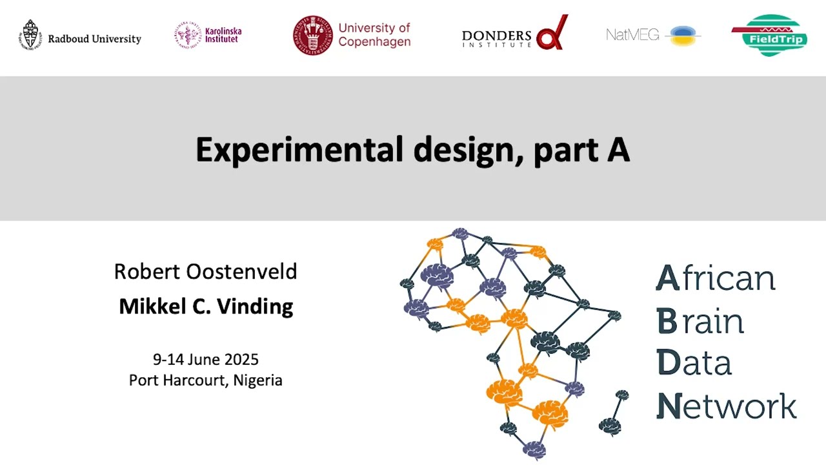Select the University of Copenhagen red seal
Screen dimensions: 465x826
(x=312, y=35)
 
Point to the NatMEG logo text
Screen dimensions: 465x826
(x=632, y=35)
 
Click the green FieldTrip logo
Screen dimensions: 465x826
(x=769, y=36)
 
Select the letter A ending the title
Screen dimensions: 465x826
(x=618, y=150)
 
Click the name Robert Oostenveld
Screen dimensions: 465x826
(x=205, y=271)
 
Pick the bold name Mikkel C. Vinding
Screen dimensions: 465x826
(x=206, y=306)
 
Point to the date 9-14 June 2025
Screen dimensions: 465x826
(x=205, y=359)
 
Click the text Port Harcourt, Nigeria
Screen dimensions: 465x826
(x=205, y=380)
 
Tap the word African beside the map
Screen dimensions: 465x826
(x=715, y=278)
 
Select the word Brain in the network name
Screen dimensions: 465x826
(x=700, y=321)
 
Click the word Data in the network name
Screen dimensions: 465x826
(x=694, y=363)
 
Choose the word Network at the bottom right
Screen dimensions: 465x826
(x=726, y=406)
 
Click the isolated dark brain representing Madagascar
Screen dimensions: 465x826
(x=610, y=425)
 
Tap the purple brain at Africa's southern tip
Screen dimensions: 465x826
(x=534, y=448)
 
